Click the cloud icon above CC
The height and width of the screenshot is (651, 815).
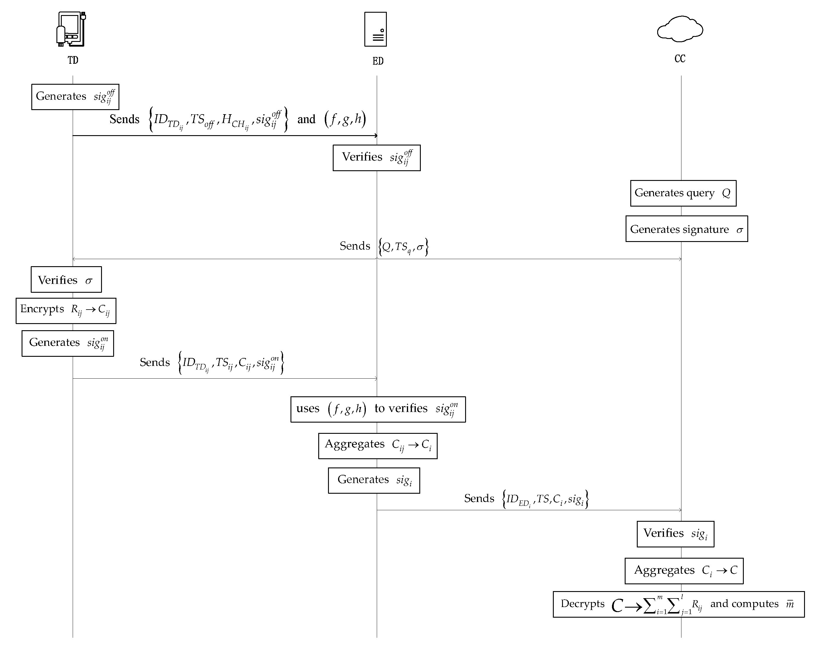click(680, 29)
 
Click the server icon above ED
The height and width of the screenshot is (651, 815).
click(375, 29)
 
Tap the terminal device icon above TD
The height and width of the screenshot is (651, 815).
click(71, 29)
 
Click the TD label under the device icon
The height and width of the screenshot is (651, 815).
click(73, 60)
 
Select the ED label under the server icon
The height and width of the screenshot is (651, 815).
click(378, 61)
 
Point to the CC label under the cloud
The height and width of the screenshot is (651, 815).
click(680, 58)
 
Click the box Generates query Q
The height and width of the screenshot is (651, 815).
click(683, 193)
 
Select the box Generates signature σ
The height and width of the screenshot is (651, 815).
click(686, 229)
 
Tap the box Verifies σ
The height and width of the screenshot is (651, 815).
click(66, 280)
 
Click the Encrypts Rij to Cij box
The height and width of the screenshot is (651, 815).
click(66, 311)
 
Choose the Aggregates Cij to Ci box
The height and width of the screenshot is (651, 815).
click(378, 446)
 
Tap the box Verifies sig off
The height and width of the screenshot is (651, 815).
click(376, 158)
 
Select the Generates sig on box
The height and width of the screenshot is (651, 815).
click(68, 344)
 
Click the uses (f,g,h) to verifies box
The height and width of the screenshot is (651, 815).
click(378, 409)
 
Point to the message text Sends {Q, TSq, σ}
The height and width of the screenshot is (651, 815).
click(384, 247)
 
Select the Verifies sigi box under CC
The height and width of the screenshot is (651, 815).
click(675, 534)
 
